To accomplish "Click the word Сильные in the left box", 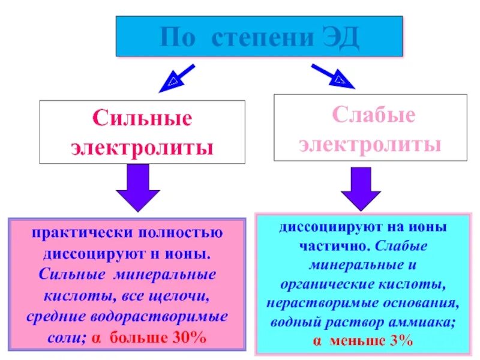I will point(142,118).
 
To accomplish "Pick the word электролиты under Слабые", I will point(370,144).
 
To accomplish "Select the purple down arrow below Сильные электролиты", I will point(137,188).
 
